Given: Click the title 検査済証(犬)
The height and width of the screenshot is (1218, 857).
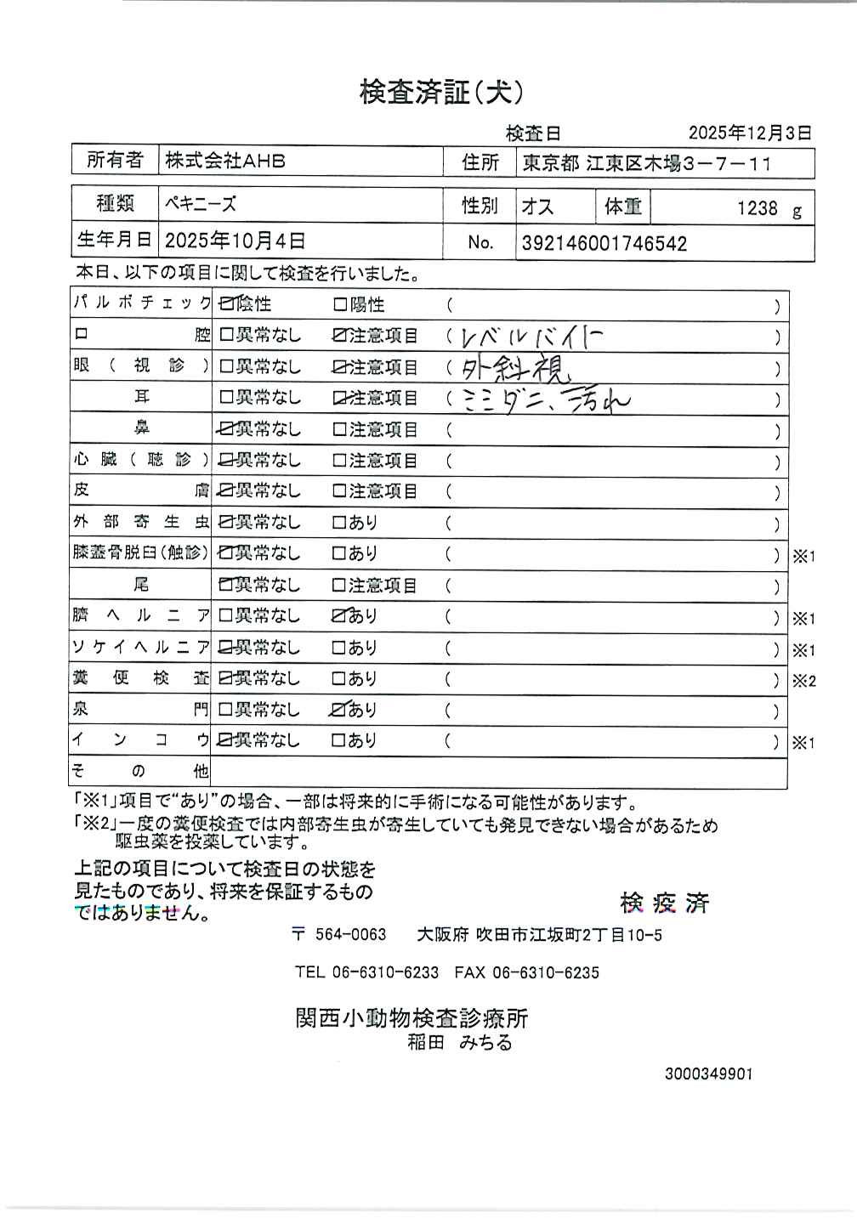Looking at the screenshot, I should point(441,92).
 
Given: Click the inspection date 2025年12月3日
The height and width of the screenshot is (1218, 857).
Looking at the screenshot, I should point(749,133).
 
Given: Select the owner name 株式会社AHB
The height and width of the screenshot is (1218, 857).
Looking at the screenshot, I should point(225,161).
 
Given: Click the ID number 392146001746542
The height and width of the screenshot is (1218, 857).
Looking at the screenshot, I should point(604,244).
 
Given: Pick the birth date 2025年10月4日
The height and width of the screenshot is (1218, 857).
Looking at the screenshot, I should point(235,241).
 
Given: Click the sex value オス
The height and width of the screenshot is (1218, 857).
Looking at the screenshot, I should point(537,207).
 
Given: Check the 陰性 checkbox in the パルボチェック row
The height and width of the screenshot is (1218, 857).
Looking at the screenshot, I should point(227,304).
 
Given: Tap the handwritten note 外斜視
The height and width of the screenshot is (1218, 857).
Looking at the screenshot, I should point(516,367).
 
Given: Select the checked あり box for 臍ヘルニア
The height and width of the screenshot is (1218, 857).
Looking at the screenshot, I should point(340,615).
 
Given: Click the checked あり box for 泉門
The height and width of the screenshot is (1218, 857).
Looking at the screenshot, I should point(340,709).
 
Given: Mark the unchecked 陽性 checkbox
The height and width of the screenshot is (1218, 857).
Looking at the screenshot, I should point(339,304).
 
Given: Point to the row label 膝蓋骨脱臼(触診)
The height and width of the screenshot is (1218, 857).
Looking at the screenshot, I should point(140,552).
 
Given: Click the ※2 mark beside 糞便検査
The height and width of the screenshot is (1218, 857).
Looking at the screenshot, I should point(803,680).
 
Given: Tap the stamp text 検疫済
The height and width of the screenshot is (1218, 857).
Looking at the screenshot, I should point(664,903).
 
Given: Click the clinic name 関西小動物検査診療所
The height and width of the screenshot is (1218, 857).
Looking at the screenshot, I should point(411,1017).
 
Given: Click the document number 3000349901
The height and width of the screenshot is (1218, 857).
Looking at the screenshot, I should point(708,1074).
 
